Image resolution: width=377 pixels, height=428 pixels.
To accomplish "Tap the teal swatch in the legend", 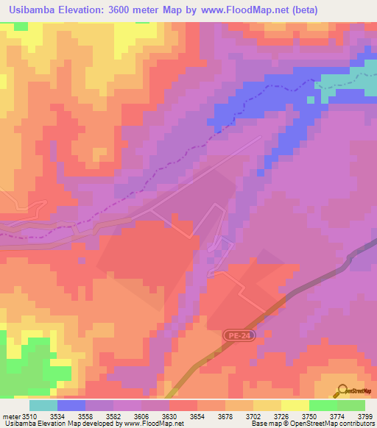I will (x=43, y=405).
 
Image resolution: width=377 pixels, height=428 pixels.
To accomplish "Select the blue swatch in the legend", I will (x=71, y=405).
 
